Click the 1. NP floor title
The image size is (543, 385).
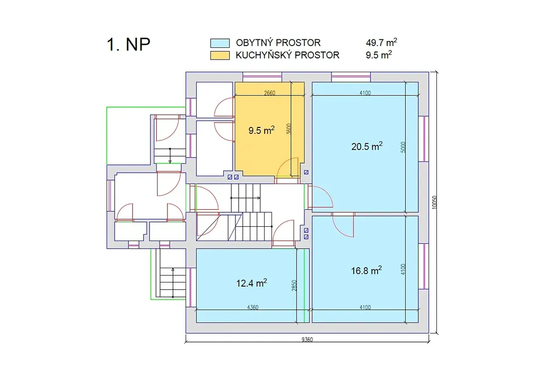point(128,45)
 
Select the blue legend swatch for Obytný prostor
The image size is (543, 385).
point(220,43)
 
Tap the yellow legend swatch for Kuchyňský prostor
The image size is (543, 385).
point(220,56)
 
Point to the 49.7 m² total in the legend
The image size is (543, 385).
point(381,42)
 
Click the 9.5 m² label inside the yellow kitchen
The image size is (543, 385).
point(261,130)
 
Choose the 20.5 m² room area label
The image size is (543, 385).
point(367,146)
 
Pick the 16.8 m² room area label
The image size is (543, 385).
point(366,270)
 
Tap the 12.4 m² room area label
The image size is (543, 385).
point(251,283)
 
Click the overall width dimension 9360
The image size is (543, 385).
point(307,339)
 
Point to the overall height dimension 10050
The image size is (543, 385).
point(434,202)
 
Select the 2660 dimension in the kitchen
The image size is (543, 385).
point(269,93)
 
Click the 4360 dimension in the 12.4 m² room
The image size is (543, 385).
point(252,307)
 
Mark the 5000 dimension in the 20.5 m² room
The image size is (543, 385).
point(403,147)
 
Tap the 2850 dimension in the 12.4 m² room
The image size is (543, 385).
point(294,286)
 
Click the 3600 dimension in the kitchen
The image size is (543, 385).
point(289,129)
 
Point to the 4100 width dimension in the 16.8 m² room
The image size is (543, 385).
point(365,307)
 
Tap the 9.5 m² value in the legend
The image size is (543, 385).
point(379,55)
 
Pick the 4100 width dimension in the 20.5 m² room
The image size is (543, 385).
point(365,93)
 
